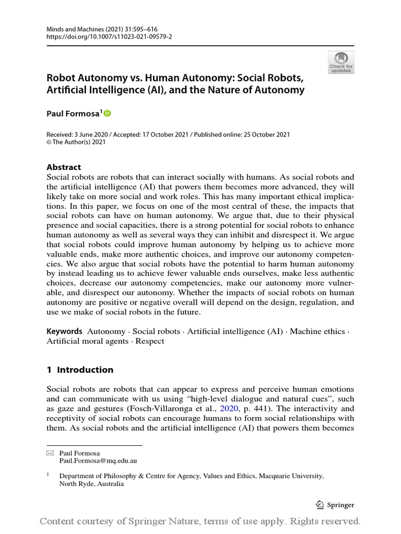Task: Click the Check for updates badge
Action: tap(341, 62)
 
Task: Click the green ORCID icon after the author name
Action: tap(108, 113)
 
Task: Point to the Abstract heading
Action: tap(64, 167)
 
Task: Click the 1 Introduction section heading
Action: tap(80, 370)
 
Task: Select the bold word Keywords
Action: tap(64, 331)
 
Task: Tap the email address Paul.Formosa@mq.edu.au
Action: tap(98, 461)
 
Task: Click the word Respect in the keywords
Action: tap(150, 341)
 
